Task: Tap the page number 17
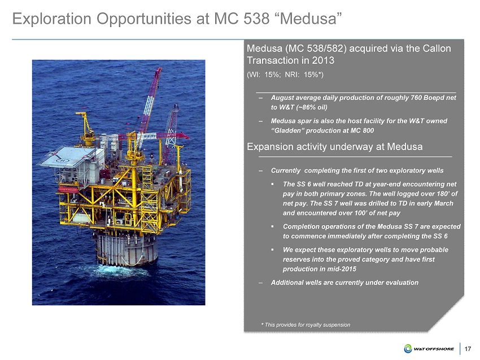point(468,349)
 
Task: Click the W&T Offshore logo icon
point(408,349)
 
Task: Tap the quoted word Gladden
point(287,130)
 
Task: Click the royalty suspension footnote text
point(306,324)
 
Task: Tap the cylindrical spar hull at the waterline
point(126,248)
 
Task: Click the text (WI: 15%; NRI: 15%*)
point(285,74)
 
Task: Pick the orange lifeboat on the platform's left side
point(68,189)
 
